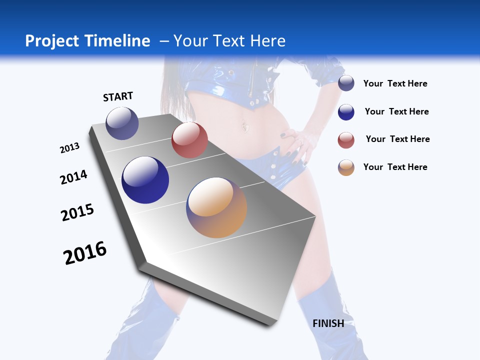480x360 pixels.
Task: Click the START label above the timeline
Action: (118, 96)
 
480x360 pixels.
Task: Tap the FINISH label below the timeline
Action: (328, 323)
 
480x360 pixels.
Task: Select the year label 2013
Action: (69, 148)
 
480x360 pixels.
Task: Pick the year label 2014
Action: (73, 177)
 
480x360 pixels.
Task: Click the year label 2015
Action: (77, 212)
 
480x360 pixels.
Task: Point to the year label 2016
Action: (85, 253)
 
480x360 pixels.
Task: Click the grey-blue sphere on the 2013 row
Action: (122, 123)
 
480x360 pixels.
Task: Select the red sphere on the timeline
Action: (189, 140)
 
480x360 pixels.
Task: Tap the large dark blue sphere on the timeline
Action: (145, 180)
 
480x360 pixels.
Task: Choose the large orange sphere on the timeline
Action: (216, 207)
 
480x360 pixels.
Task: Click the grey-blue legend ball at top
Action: (346, 83)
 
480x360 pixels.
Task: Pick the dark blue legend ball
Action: (346, 112)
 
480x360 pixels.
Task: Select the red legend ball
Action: (346, 140)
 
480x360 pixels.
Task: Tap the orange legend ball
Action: (346, 167)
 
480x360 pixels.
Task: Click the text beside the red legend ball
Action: (397, 139)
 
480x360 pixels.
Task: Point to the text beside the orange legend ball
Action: (395, 167)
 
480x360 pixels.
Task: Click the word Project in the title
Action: (52, 41)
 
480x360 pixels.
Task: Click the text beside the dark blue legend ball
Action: (396, 111)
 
